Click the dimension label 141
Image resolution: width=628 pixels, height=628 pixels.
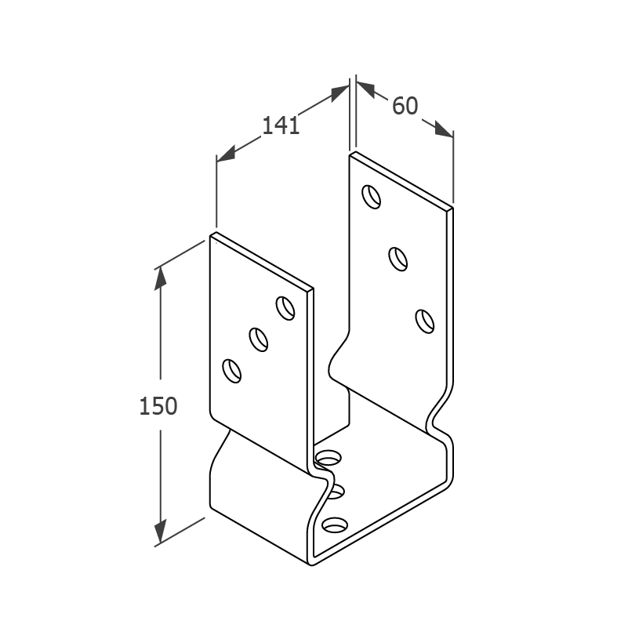tap(281, 125)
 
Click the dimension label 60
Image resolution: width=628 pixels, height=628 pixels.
tap(405, 106)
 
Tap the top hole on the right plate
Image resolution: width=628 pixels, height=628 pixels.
tap(372, 197)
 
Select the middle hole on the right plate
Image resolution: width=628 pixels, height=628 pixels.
tap(398, 260)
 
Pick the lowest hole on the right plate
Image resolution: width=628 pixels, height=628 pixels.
tap(425, 321)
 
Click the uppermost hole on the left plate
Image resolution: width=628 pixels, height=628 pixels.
tap(285, 308)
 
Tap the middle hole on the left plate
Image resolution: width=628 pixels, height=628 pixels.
tap(258, 339)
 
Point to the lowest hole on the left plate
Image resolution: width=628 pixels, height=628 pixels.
tap(232, 371)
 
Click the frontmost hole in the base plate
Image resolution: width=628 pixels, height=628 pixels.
tap(335, 525)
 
